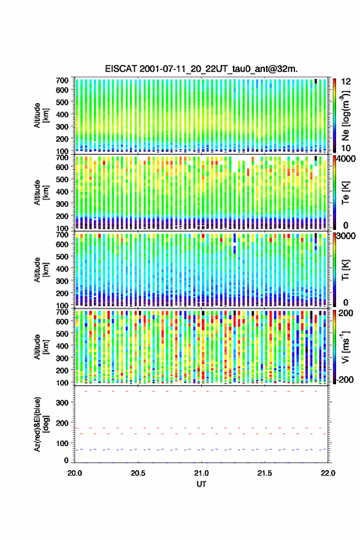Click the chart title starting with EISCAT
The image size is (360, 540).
pyautogui.click(x=201, y=69)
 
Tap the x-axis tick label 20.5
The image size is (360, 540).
pyautogui.click(x=137, y=473)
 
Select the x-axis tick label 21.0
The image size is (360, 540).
pyautogui.click(x=201, y=473)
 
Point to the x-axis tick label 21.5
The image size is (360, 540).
pyautogui.click(x=264, y=473)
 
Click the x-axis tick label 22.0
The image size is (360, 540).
pyautogui.click(x=328, y=473)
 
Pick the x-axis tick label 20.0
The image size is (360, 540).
pyautogui.click(x=75, y=473)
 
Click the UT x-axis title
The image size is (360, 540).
pyautogui.click(x=201, y=484)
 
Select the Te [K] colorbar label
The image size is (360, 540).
pyautogui.click(x=345, y=193)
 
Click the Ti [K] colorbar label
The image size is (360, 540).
pyautogui.click(x=345, y=270)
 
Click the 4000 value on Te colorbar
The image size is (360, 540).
pyautogui.click(x=347, y=159)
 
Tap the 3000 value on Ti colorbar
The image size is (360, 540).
pyautogui.click(x=347, y=236)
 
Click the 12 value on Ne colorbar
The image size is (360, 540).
pyautogui.click(x=347, y=82)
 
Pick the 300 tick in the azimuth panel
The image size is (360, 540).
pyautogui.click(x=62, y=403)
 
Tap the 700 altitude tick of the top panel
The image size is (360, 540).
pyautogui.click(x=62, y=80)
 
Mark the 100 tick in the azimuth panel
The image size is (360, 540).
pyautogui.click(x=62, y=443)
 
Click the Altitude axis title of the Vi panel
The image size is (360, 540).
pyautogui.click(x=41, y=347)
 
